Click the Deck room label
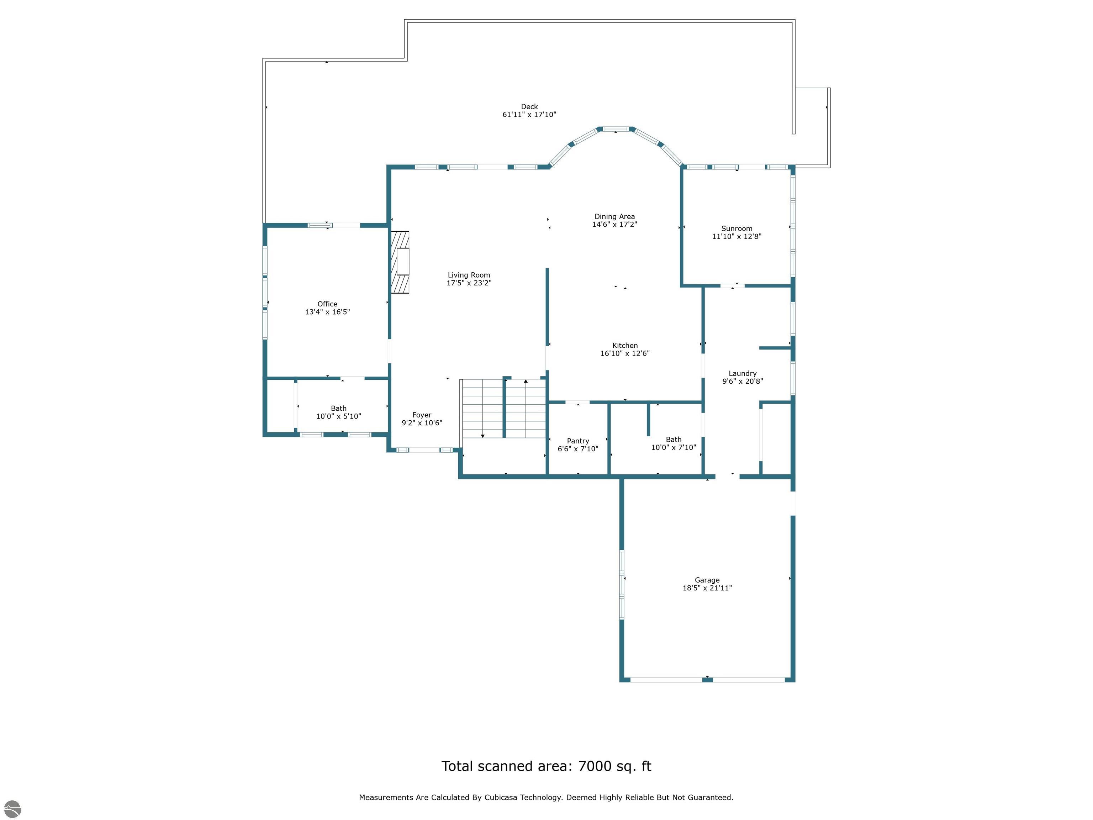[x=529, y=107]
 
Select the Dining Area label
[x=615, y=216]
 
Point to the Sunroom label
[x=737, y=228]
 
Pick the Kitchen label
[x=625, y=346]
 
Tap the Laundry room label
[x=743, y=374]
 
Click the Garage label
[x=707, y=580]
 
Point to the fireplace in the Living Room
[x=400, y=262]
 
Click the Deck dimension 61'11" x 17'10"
[x=529, y=115]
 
